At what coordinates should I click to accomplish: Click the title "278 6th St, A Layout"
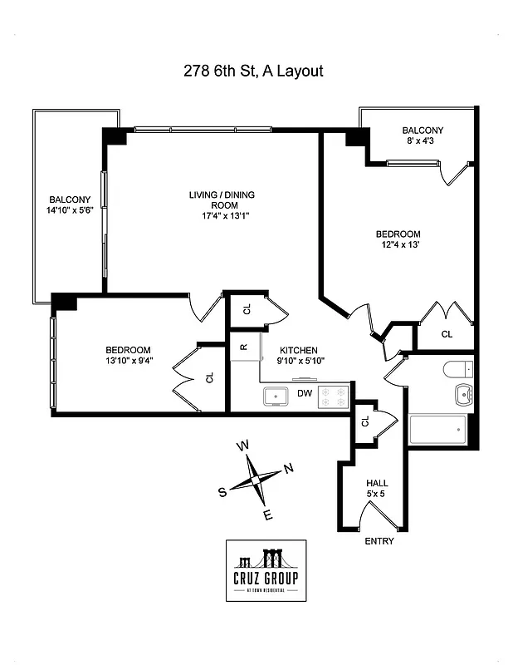coord(253,71)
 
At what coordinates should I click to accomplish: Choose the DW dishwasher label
coord(305,392)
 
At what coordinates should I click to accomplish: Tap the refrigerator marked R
coord(244,347)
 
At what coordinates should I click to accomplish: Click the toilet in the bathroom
coord(457,369)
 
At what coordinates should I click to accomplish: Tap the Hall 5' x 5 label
coord(377,488)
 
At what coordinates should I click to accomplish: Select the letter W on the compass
coord(243,446)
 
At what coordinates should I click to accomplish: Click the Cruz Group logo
coord(266,570)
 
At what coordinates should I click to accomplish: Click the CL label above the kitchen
coord(247,310)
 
